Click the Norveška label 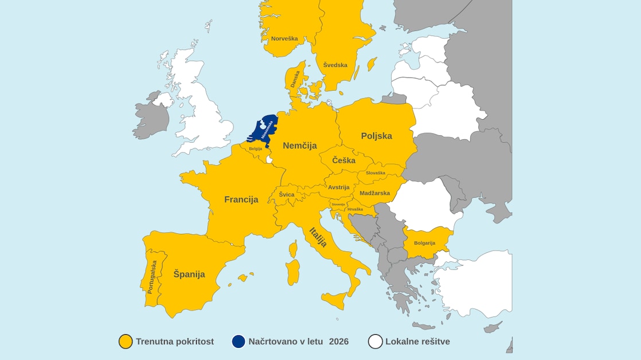point(284,38)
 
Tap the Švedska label point(335,65)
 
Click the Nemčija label point(300,146)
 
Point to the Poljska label point(377,136)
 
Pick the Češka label point(343,161)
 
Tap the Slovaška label point(376,173)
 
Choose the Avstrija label point(339,187)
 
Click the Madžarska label point(375,193)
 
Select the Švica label point(287,195)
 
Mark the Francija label point(241,199)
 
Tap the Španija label point(189,274)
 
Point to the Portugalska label point(152,277)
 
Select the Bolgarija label point(424,242)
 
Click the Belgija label point(255,148)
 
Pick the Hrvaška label point(355,209)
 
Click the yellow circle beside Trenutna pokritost point(126,342)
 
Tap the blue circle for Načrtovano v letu point(239,342)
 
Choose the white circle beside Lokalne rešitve point(376,342)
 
